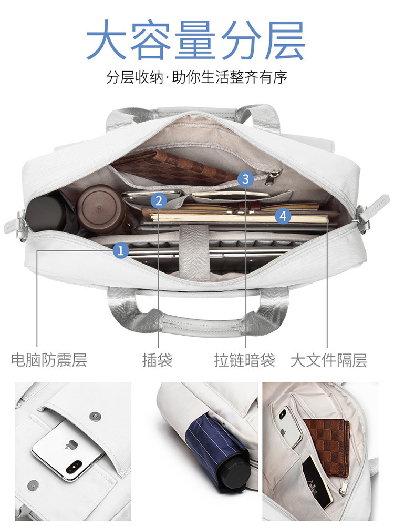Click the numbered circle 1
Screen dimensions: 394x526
[x=121, y=250]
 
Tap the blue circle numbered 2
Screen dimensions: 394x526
[x=159, y=200]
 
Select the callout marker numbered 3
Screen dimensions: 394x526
[x=245, y=179]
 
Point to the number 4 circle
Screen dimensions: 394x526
[x=283, y=216]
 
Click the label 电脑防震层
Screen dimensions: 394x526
[x=49, y=360]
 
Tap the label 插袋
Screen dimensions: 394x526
[x=158, y=360]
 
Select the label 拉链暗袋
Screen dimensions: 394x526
[x=245, y=360]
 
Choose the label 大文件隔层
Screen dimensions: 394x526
[x=329, y=360]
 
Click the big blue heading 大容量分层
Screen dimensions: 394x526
[x=196, y=39]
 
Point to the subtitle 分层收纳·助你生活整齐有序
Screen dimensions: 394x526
[x=196, y=77]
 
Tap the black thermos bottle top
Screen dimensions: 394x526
[x=43, y=214]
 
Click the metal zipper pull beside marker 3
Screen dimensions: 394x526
[x=272, y=177]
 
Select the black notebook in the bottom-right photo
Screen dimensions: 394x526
[x=317, y=482]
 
